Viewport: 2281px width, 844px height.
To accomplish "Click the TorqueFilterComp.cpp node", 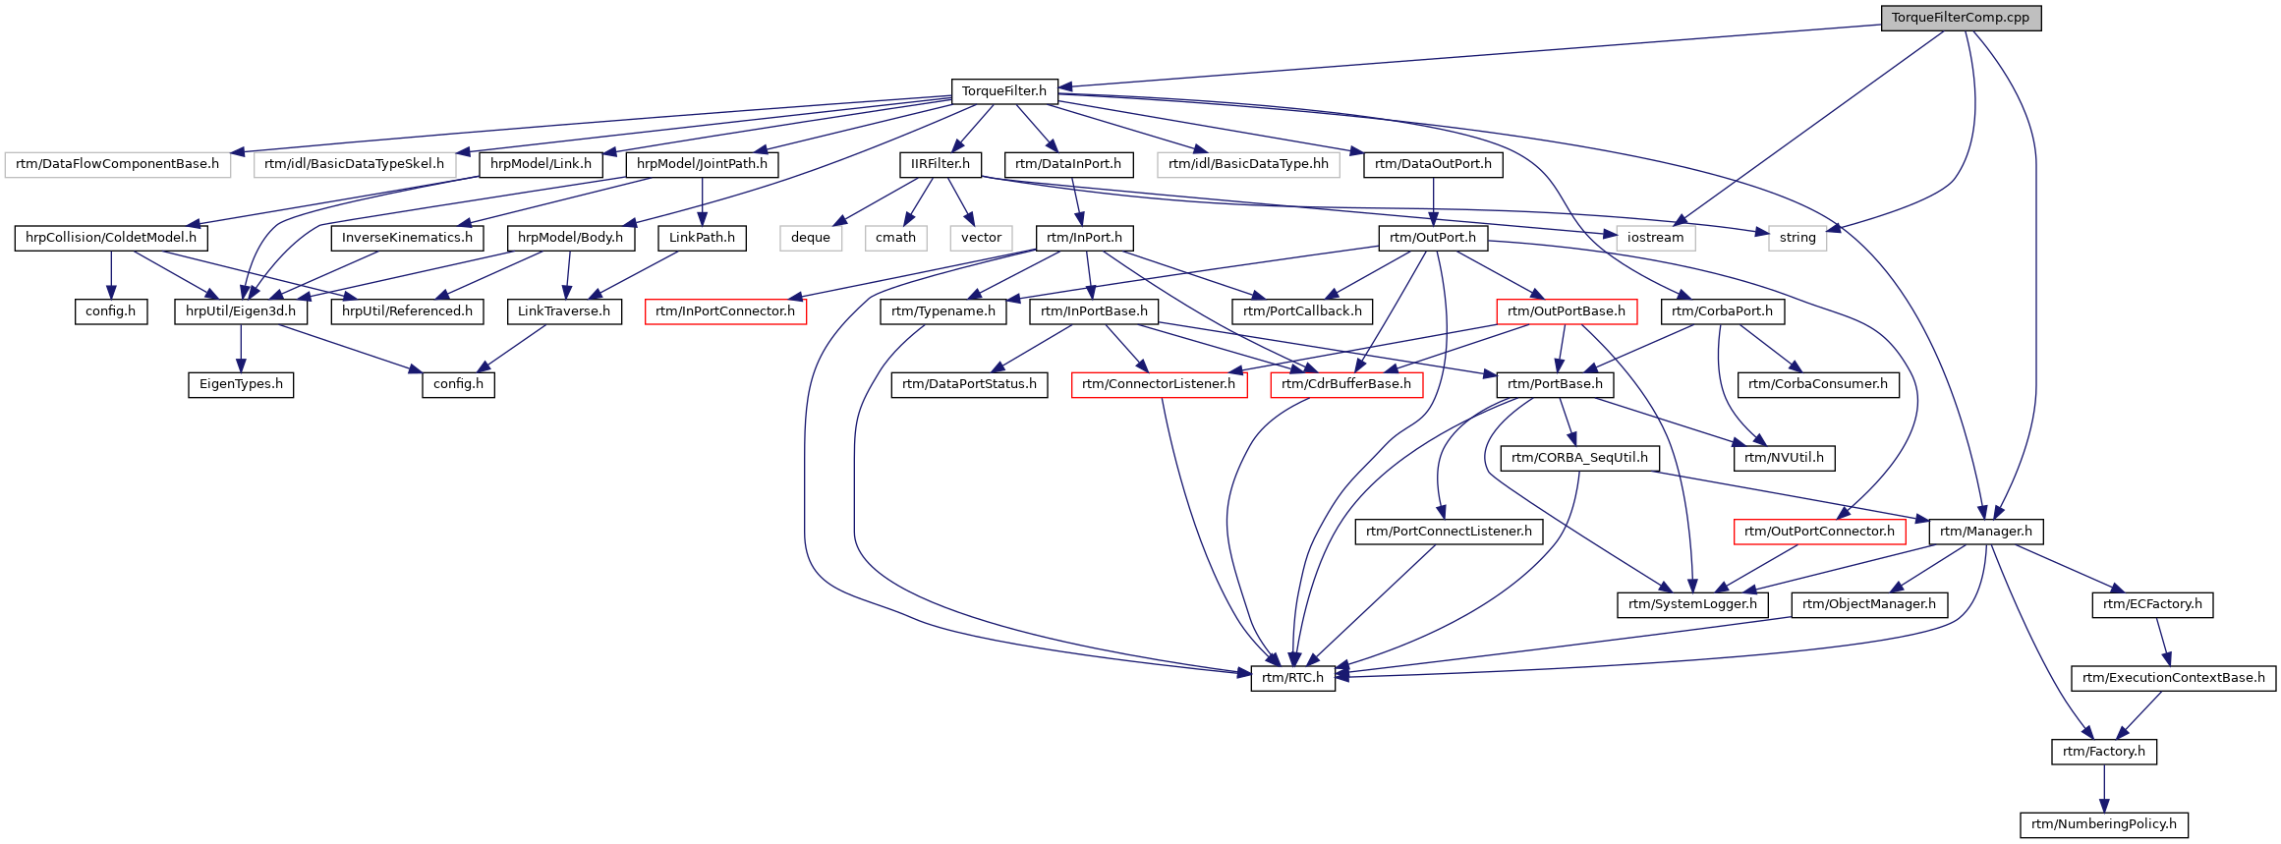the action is [1961, 18].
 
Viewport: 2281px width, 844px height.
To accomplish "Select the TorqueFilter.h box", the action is [1004, 91].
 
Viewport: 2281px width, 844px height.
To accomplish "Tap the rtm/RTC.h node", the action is [1293, 678].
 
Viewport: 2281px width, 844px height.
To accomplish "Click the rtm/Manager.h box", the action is [1986, 532].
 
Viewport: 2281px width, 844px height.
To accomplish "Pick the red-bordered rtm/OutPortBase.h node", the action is [1567, 311].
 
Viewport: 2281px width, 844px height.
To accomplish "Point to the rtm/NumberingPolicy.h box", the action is [2104, 824].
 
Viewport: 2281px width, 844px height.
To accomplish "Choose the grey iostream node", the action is [1656, 238].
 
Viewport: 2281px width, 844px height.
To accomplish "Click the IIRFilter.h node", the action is [941, 164].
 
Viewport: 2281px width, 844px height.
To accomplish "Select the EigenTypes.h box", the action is [241, 384].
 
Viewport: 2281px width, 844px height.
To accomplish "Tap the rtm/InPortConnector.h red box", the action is [725, 311].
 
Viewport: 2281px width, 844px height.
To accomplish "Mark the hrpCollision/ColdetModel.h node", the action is [111, 238].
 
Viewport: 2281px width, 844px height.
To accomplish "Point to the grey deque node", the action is [811, 238].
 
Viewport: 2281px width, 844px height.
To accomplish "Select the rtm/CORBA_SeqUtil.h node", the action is [1580, 458].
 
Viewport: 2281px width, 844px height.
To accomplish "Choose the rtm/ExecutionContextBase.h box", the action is [2174, 678].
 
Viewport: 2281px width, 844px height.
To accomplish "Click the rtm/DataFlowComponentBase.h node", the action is [118, 164].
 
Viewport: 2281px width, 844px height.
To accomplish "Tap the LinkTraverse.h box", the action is [564, 311].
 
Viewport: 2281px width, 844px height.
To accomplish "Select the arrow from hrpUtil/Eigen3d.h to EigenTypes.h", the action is [241, 348].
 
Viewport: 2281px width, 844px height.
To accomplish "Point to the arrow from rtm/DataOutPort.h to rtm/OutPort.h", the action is [1434, 201].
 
